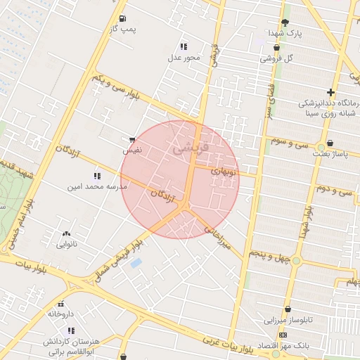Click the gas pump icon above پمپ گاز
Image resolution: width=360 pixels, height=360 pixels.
tap(123, 18)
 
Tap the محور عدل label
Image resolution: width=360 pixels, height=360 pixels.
tap(184, 58)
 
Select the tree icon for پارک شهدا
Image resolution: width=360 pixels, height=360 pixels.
tap(285, 22)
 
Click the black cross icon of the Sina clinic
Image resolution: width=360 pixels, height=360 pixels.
tap(330, 92)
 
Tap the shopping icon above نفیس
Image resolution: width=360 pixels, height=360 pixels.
tap(132, 141)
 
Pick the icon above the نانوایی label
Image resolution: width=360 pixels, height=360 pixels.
tap(66, 233)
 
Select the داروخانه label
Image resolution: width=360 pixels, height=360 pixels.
tap(62, 314)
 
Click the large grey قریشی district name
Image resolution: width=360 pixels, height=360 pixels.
tap(186, 148)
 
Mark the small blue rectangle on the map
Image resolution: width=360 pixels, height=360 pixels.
tap(136, 263)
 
